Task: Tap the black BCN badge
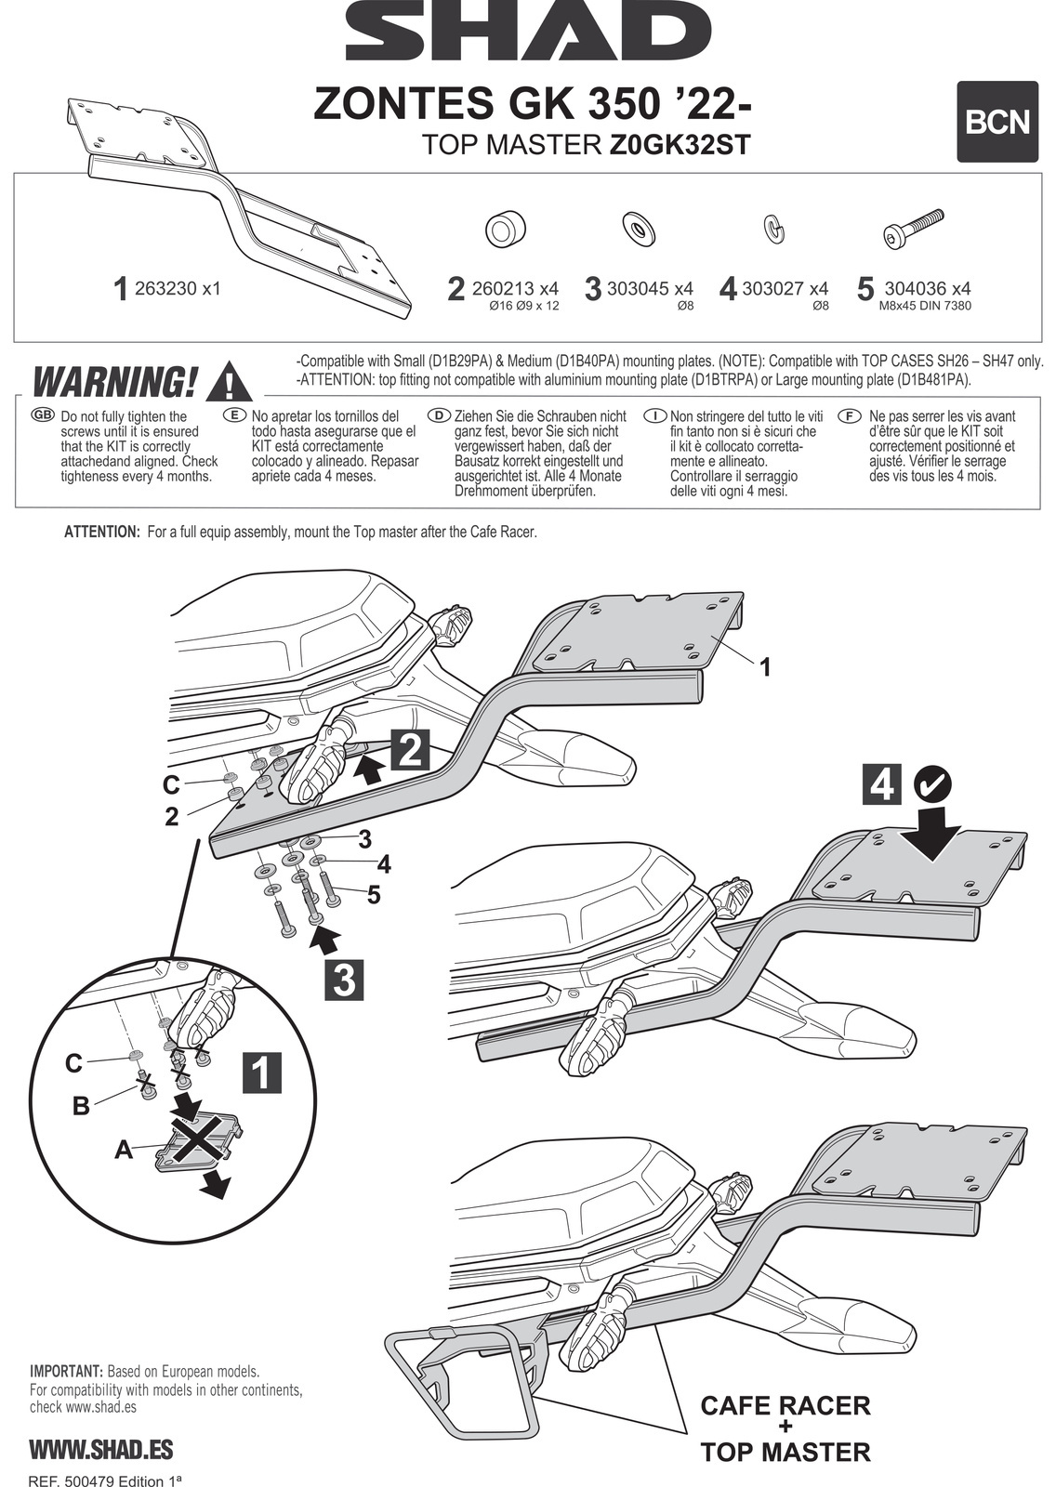point(997,122)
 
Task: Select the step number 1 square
point(261,1072)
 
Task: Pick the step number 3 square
point(344,980)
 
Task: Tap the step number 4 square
point(881,783)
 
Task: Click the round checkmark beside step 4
point(932,783)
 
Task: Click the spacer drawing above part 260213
point(506,229)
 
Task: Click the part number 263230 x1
point(177,289)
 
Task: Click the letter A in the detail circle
point(123,1151)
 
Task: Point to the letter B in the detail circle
point(82,1106)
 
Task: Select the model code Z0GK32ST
point(679,145)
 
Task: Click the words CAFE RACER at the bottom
point(785,1404)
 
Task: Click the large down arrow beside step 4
point(936,829)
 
